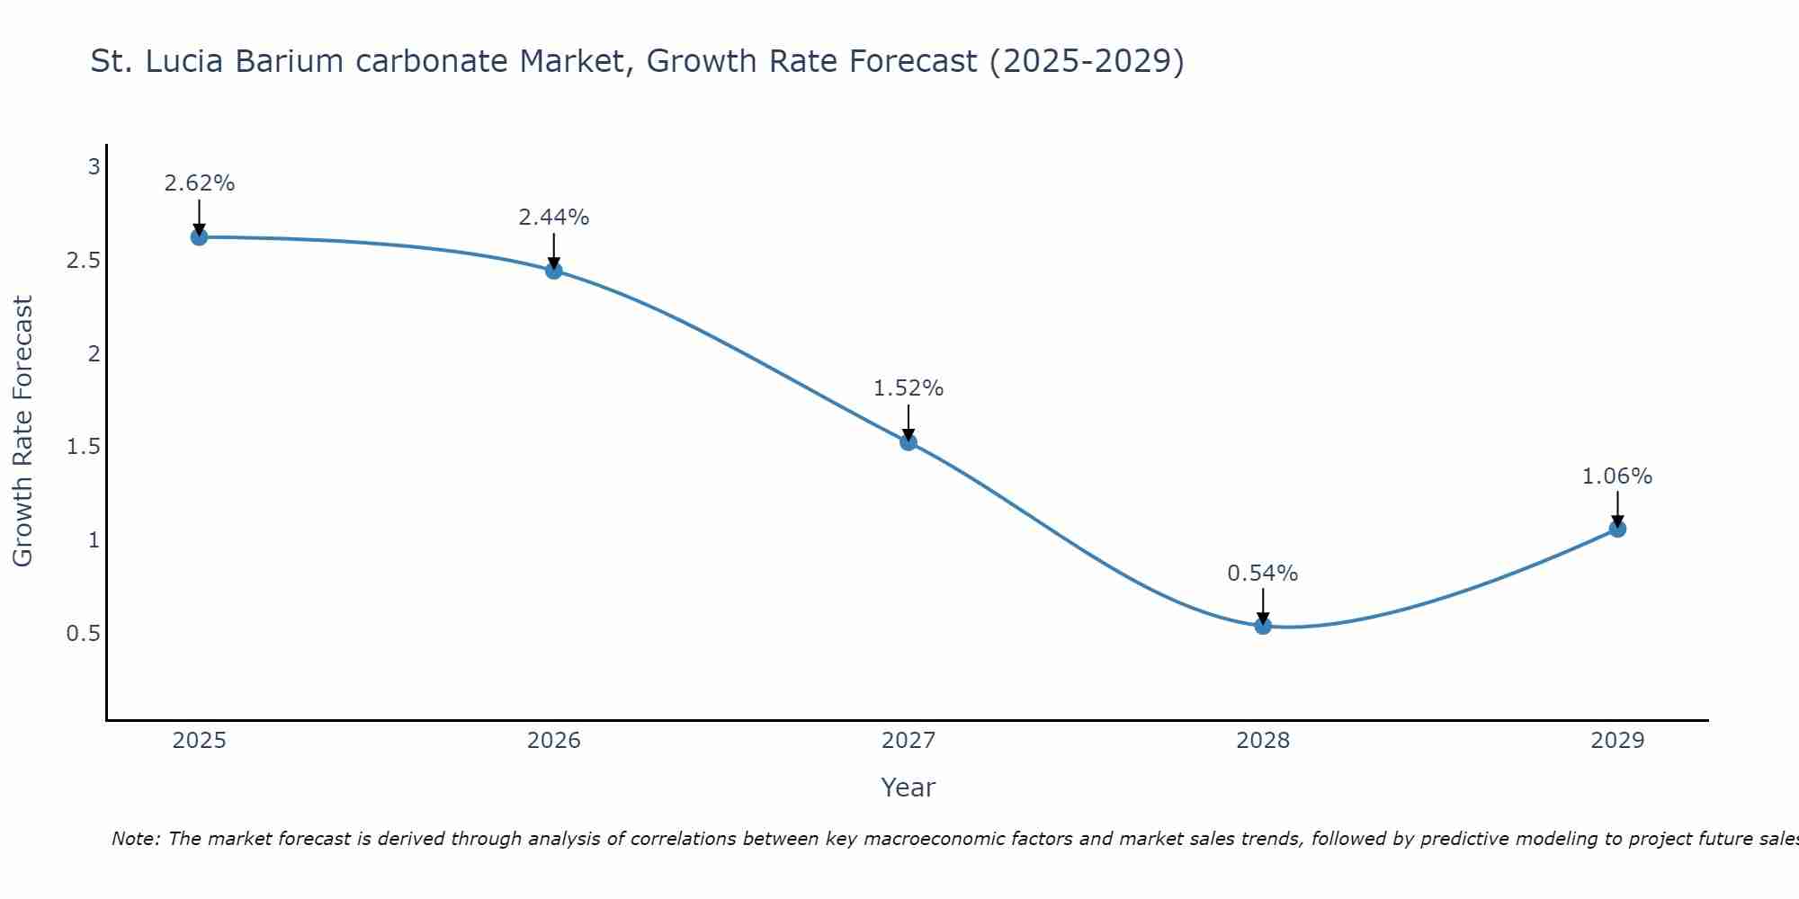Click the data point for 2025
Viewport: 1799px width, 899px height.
point(199,237)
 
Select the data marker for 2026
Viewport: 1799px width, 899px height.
point(554,271)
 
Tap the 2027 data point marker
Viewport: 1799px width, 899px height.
point(908,441)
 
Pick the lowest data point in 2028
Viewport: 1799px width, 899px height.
point(1263,626)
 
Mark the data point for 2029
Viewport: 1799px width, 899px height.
point(1617,529)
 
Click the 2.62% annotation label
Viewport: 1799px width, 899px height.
point(199,183)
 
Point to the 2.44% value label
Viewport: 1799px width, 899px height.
point(554,218)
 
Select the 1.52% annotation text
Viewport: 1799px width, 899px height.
point(908,388)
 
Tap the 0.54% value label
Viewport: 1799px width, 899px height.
point(1263,574)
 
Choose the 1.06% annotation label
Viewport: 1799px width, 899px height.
point(1617,476)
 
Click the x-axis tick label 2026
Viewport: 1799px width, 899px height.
point(554,741)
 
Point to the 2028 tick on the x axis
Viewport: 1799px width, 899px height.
point(1263,741)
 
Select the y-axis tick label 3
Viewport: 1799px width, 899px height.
point(94,167)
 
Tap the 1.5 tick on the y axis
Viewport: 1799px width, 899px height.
point(83,447)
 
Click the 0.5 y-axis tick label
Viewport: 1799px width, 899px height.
point(83,634)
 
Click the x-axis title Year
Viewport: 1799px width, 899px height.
point(908,788)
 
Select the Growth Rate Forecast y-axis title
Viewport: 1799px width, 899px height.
point(22,432)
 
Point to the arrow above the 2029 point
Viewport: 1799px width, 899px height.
point(1617,509)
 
